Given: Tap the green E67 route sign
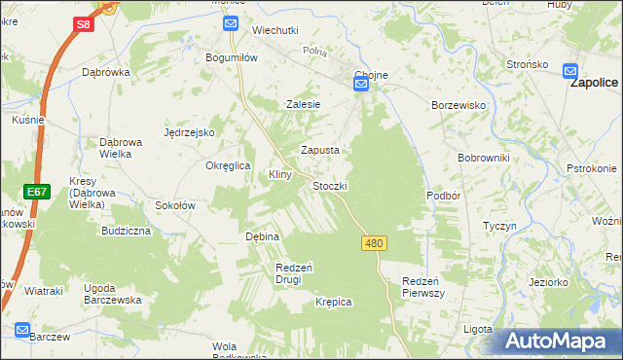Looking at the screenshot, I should point(37,192).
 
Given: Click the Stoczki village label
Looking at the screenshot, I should point(330,185).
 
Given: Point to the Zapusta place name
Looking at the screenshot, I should point(319,150).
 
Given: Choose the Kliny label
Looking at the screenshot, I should point(281,174).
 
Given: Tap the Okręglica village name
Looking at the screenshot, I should point(229,165).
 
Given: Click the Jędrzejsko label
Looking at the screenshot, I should point(188,132).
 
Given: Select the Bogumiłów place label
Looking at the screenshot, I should point(231,57).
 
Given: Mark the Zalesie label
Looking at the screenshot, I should point(303,103).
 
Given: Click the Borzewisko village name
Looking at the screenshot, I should point(458,104).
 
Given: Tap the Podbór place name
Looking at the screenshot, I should point(442,196).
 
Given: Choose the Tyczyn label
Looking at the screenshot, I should point(498,225).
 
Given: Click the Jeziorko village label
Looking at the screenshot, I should point(548,281).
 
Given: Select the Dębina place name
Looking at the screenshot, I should point(262,236).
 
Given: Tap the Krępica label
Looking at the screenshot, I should point(333,302).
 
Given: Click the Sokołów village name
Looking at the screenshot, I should point(176,205).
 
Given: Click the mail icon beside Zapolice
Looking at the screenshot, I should point(571,69).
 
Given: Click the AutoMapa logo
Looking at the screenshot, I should point(559,341).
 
